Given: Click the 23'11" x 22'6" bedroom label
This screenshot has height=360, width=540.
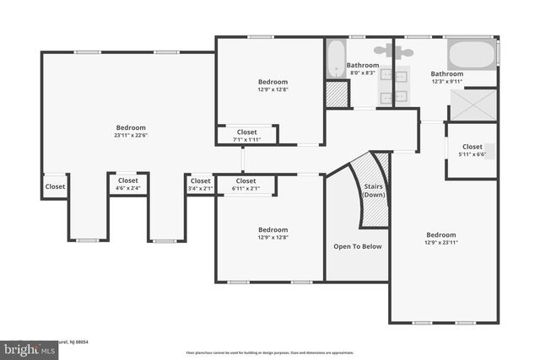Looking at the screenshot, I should (x=129, y=132).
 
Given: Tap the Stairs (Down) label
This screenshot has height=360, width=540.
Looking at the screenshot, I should (x=373, y=191).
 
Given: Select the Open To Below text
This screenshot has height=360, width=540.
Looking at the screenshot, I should (x=358, y=247).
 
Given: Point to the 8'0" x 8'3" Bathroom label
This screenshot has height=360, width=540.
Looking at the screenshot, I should (x=363, y=69).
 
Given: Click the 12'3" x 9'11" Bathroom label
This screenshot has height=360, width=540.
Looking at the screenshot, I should (x=446, y=78).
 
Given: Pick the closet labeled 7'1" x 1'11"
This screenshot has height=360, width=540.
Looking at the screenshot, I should (x=246, y=136).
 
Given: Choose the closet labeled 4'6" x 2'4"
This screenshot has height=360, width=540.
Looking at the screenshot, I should (x=128, y=185).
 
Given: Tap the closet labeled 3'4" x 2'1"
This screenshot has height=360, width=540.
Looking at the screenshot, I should (x=200, y=185).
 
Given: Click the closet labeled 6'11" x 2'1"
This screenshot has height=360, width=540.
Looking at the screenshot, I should (x=246, y=185).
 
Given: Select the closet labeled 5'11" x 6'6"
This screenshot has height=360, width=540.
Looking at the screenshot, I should (x=472, y=150).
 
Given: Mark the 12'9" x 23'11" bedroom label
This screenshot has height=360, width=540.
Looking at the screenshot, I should (x=440, y=239).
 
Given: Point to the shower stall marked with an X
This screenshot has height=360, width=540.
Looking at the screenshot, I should (x=472, y=105).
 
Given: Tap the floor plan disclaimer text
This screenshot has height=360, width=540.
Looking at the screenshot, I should (x=270, y=352).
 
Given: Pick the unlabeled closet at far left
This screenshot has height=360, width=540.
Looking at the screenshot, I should (x=55, y=186).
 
